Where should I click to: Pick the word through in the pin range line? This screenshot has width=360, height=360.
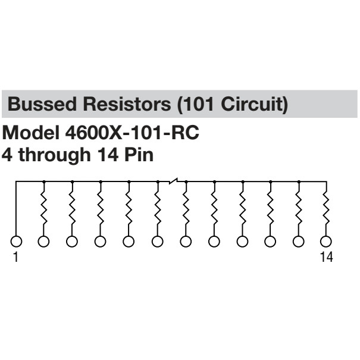[50, 155]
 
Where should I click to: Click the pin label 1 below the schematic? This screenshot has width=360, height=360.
[15, 257]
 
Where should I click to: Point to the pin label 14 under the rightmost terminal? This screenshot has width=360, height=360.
[325, 257]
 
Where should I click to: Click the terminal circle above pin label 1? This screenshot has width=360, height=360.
[15, 241]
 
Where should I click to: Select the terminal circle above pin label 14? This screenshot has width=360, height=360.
[325, 241]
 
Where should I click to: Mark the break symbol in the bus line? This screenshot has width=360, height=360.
[173, 180]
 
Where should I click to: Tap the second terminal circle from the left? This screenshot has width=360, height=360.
[43, 241]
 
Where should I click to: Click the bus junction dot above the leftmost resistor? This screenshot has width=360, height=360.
[43, 181]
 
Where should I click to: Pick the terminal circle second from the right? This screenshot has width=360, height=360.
[298, 241]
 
